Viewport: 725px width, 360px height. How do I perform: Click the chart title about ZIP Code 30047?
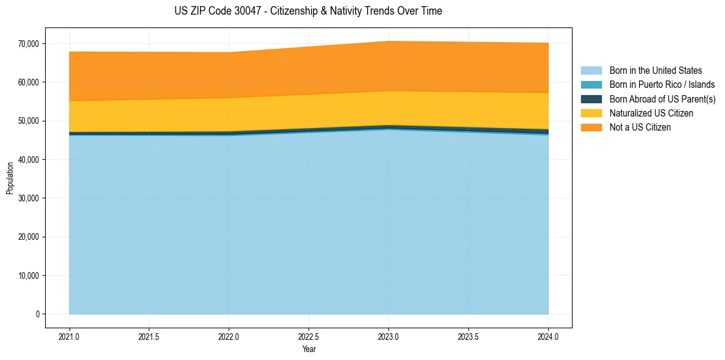(308, 11)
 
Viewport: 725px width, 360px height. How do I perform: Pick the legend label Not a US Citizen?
(640, 127)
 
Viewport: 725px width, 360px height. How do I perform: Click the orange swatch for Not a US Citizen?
(591, 127)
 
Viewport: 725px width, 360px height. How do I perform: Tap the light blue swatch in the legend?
(591, 71)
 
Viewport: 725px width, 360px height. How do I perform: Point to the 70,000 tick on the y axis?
(28, 44)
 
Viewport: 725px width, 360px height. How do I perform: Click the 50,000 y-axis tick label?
(28, 121)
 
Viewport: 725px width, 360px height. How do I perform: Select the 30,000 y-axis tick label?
(28, 198)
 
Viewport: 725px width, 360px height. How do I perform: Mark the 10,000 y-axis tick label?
(28, 276)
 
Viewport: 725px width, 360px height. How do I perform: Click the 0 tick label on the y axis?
(37, 314)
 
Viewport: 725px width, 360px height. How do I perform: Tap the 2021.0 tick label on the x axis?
(70, 336)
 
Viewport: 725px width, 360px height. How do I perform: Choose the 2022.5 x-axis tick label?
(309, 336)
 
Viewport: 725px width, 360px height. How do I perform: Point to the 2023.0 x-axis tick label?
(388, 336)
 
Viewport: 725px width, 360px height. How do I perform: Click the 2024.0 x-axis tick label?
(548, 336)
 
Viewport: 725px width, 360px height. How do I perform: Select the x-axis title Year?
(309, 349)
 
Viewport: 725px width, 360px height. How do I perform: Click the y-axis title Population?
(10, 178)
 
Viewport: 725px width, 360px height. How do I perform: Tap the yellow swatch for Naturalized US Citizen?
(591, 113)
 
